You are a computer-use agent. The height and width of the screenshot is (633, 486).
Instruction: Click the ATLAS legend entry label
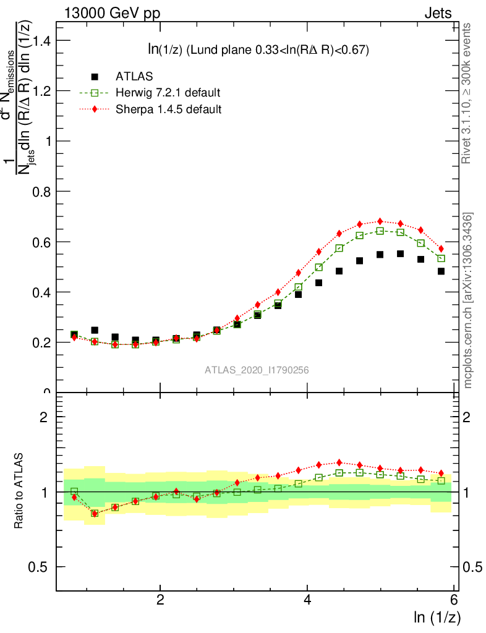coord(134,77)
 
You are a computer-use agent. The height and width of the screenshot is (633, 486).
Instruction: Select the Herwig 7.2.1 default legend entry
coord(168,93)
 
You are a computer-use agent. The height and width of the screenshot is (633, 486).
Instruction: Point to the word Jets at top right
coord(437,13)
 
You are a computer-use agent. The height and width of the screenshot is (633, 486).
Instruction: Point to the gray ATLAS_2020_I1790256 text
coord(257,370)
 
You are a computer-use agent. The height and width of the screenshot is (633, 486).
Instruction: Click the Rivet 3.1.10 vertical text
coord(467,93)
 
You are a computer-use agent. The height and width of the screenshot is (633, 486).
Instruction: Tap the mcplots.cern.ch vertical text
coord(468,300)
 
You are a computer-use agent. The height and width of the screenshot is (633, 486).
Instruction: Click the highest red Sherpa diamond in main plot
coord(380,221)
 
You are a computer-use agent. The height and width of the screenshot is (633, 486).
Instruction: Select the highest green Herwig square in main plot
coord(380,231)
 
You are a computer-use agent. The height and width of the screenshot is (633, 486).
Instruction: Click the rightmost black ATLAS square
coord(441,271)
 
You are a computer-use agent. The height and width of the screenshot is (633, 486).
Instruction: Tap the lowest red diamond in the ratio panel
coord(95,514)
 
